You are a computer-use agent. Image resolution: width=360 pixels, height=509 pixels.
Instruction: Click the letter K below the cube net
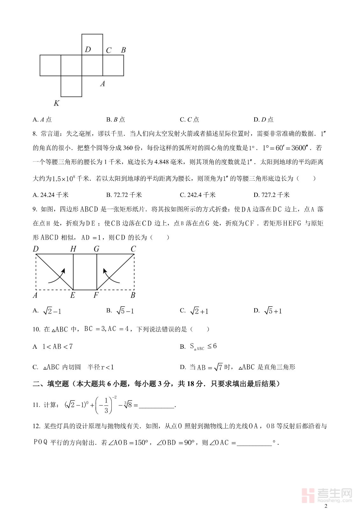pyautogui.click(x=56, y=103)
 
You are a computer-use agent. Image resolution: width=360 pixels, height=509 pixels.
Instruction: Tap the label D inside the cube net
pyautogui.click(x=88, y=49)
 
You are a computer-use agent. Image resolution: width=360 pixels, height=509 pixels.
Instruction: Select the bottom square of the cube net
pyautogui.click(x=71, y=86)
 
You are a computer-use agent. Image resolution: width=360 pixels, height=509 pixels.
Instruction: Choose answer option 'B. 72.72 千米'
pyautogui.click(x=124, y=195)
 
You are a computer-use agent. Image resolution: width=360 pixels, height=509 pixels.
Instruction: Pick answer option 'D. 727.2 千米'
pyautogui.click(x=271, y=195)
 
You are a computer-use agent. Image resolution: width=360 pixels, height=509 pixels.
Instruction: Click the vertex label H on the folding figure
pyautogui.click(x=73, y=249)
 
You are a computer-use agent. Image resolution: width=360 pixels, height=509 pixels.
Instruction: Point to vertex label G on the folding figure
pyautogui.click(x=96, y=249)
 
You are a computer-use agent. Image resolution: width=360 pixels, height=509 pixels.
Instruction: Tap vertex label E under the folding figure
pyautogui.click(x=73, y=295)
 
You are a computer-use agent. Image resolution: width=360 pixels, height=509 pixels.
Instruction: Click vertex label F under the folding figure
pyautogui.click(x=96, y=295)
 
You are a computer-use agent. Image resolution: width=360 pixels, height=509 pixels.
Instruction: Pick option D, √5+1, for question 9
pyautogui.click(x=273, y=311)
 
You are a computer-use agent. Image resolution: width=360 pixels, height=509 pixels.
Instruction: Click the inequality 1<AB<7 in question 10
pyautogui.click(x=58, y=346)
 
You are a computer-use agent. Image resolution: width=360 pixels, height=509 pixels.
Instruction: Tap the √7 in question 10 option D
pyautogui.click(x=218, y=367)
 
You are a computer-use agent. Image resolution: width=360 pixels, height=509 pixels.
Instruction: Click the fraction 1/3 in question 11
pyautogui.click(x=106, y=405)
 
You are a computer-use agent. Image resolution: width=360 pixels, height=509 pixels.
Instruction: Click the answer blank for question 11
pyautogui.click(x=157, y=405)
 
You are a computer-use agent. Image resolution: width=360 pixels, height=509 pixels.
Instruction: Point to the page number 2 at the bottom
pyautogui.click(x=325, y=506)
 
